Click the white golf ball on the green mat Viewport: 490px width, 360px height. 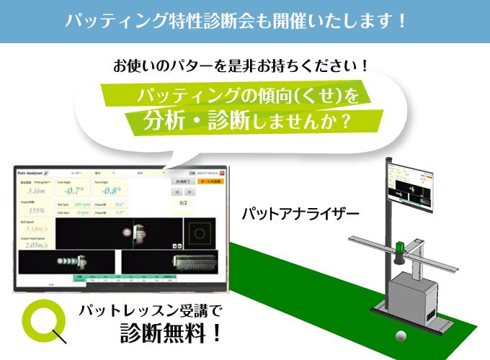(400, 336)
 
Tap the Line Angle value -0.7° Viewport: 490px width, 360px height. (76, 190)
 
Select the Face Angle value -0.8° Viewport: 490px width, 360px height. (110, 190)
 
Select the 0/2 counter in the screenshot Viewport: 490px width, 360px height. (184, 203)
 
